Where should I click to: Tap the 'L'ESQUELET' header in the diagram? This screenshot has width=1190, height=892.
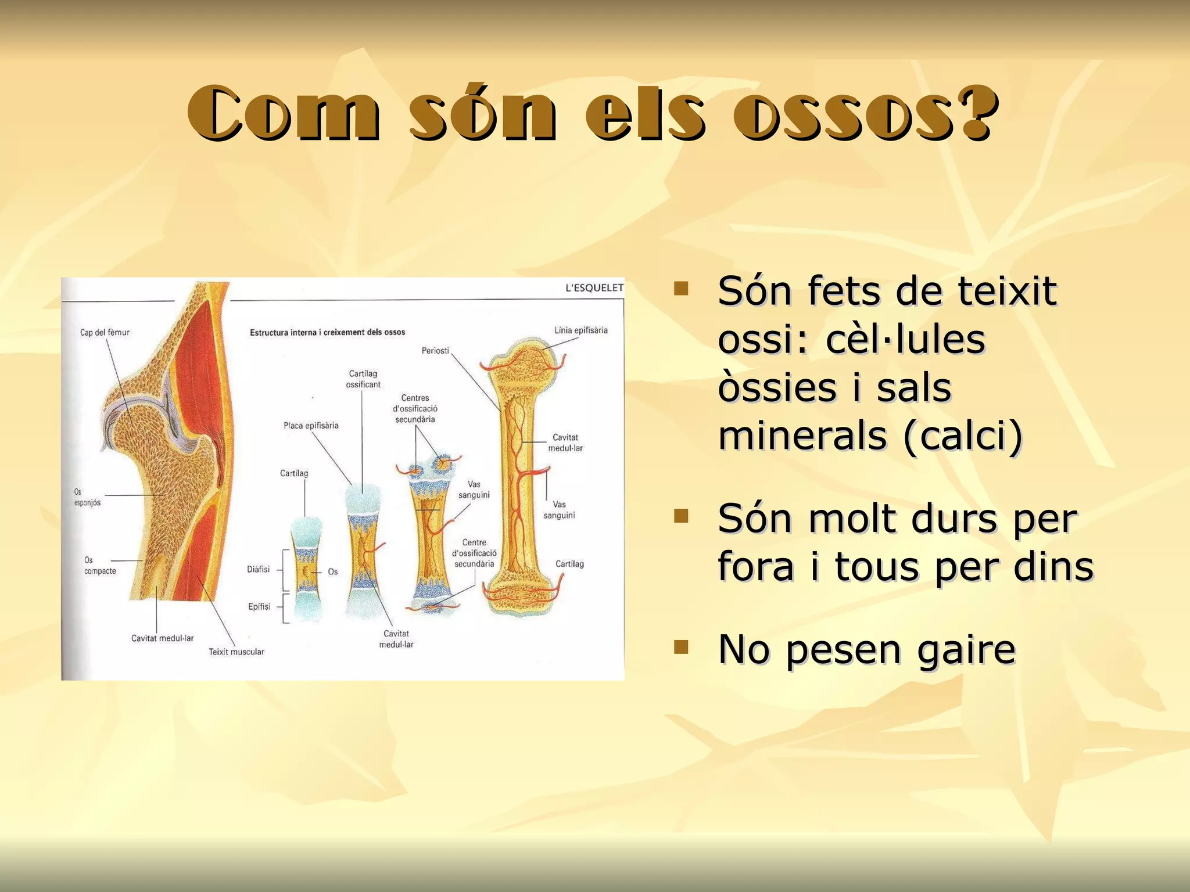point(594,287)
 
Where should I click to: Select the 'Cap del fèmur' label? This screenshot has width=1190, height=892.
point(105,332)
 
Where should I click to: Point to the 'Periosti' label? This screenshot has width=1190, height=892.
point(435,351)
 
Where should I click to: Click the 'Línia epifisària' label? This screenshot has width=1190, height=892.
point(580,330)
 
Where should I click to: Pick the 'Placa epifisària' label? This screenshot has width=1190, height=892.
point(311,426)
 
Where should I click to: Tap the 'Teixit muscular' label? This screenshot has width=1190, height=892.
point(236,652)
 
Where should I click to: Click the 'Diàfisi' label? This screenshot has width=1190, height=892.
point(258,569)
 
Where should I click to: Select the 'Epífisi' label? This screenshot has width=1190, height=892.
point(259,606)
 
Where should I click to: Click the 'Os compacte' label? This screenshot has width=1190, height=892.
point(99,566)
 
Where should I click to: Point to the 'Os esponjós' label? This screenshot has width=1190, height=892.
point(87,498)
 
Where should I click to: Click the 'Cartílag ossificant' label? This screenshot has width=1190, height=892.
point(363,379)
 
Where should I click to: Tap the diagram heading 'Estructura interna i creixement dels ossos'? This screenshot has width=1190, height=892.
point(327,332)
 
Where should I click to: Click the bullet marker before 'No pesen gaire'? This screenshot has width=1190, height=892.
point(680,646)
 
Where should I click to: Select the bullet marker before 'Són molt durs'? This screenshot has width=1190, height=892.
point(680,516)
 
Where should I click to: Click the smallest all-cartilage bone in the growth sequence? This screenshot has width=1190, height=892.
point(306,569)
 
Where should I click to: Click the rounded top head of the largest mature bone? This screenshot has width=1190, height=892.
point(522,363)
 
